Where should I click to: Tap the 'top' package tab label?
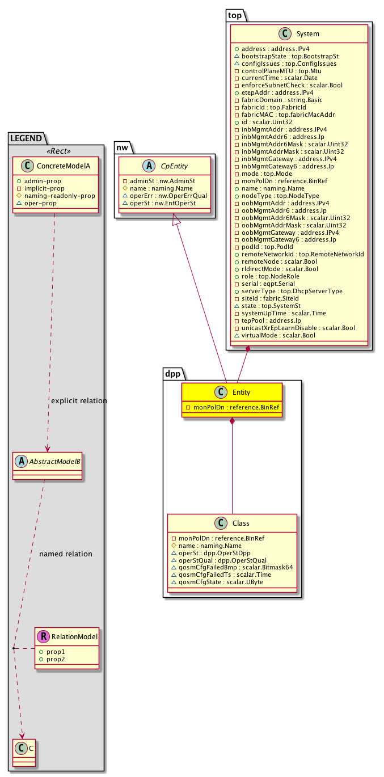[235, 16]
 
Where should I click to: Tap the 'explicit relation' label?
[79, 401]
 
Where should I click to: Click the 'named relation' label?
[66, 554]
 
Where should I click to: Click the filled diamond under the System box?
[248, 351]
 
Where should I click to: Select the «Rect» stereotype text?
[56, 151]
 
